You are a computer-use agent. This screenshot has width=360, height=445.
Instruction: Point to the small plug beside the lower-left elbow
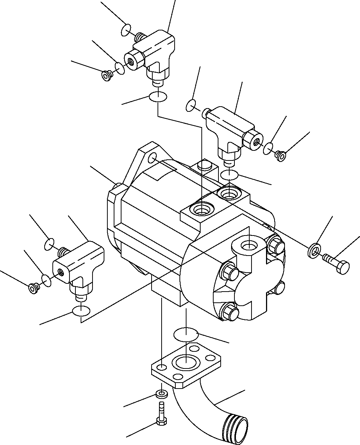pos(33,288)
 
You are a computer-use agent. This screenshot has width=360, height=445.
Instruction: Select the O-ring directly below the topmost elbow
pos(158,97)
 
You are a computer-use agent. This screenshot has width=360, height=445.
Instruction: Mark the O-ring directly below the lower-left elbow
pos(81,311)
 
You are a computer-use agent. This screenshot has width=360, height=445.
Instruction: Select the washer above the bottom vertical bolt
pos(162,393)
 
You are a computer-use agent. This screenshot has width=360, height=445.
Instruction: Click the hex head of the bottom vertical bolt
pos(161,421)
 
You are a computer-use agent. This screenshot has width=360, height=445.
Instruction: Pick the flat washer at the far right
pos(314,251)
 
